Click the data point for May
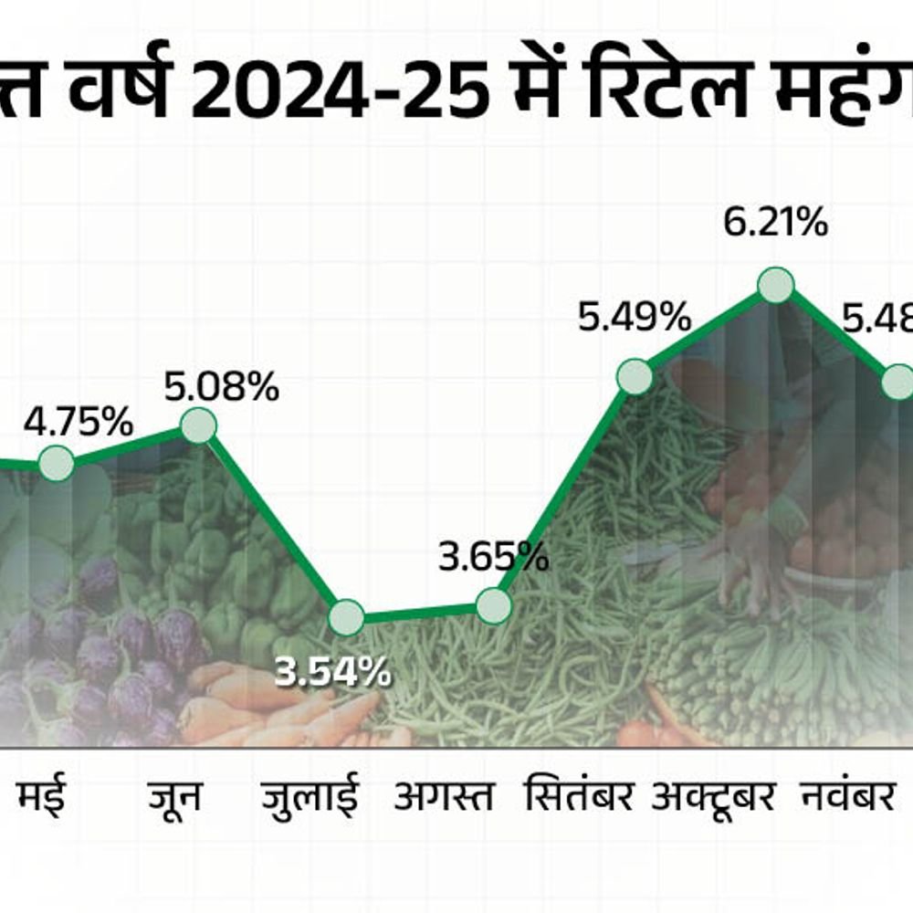pos(56,463)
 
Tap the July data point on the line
pos(347,617)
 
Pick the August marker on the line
pos(493,604)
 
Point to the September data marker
pos(635,376)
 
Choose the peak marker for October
pos(775,286)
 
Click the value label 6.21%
pos(775,223)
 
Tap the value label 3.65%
pos(493,555)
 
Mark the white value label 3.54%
pos(333,674)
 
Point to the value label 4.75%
pos(79,423)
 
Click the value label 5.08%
pos(221,387)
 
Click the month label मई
pos(41,796)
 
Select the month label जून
pos(174,796)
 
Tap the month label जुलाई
pos(310,797)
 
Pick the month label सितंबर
pos(580,796)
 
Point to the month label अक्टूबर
pos(714,796)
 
